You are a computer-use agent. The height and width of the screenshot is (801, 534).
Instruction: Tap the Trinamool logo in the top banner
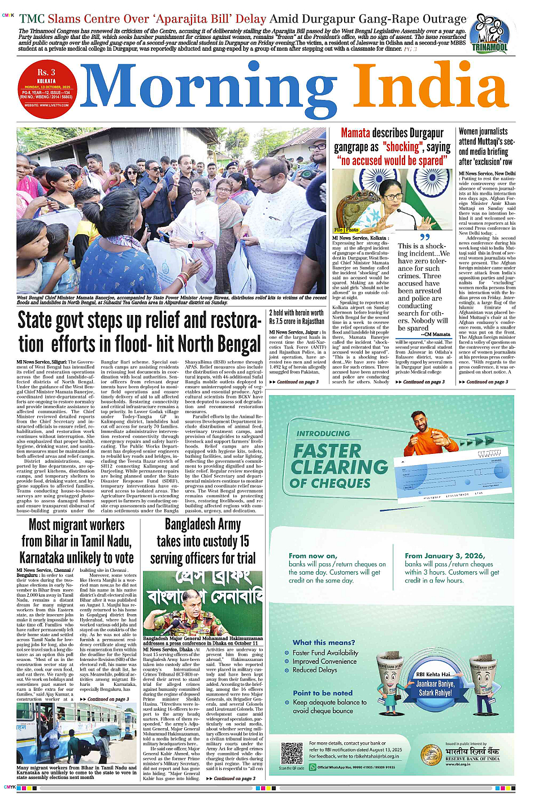point(489,34)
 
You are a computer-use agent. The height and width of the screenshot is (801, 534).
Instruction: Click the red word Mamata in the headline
point(355,133)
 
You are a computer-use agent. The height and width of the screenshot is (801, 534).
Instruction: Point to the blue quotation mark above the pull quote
point(424,238)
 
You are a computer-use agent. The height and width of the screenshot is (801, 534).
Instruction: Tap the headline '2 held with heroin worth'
point(296,312)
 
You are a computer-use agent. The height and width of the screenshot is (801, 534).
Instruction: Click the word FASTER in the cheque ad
point(327,451)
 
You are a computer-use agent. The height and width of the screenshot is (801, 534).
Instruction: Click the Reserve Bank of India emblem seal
point(431,755)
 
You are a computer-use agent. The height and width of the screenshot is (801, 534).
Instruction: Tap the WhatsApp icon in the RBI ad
point(313,767)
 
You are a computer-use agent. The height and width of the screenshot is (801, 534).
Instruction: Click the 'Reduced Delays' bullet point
point(315,670)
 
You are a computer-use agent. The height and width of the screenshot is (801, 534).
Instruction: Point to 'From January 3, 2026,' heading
point(445,555)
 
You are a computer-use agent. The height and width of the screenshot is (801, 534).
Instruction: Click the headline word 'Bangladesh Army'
point(202,524)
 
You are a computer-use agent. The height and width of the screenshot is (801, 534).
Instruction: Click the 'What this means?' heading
point(324,642)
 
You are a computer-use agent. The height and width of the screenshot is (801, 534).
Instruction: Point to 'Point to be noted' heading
point(323,693)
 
